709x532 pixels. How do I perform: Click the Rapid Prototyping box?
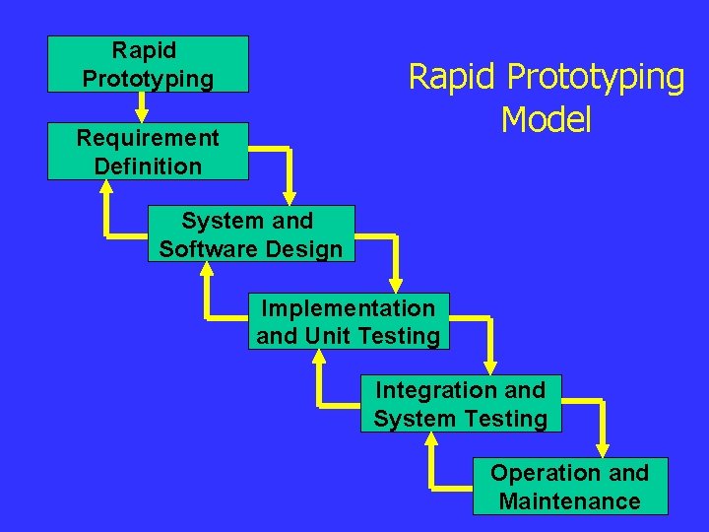pyautogui.click(x=148, y=64)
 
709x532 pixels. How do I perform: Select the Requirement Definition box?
pyautogui.click(x=148, y=152)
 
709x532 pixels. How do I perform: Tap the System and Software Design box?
pyautogui.click(x=250, y=234)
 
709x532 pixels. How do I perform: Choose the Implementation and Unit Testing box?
pyautogui.click(x=349, y=321)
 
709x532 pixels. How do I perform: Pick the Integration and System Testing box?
pyautogui.click(x=460, y=404)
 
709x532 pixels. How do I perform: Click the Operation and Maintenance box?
pyautogui.click(x=570, y=487)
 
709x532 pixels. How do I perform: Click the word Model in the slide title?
pyautogui.click(x=546, y=120)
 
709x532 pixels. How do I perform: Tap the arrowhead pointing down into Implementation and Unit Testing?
pyautogui.click(x=396, y=279)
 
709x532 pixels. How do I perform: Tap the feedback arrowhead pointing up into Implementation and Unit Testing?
pyautogui.click(x=318, y=361)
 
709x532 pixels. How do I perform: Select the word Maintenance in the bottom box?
pyautogui.click(x=570, y=500)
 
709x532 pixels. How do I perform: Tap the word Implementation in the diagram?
pyautogui.click(x=349, y=308)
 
